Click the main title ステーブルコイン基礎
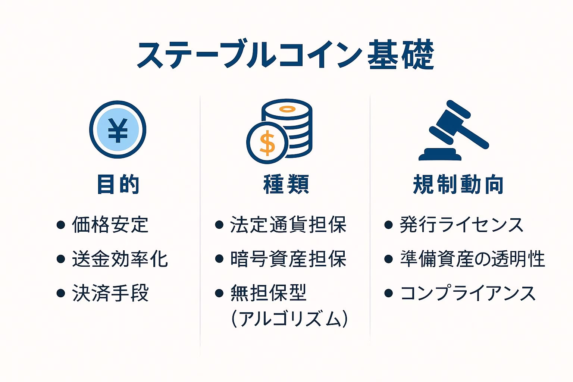pyautogui.click(x=285, y=54)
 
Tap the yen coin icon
pyautogui.click(x=118, y=129)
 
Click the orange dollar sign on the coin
pyautogui.click(x=267, y=143)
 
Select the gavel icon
pyautogui.click(x=454, y=130)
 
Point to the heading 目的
pyautogui.click(x=118, y=184)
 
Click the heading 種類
pyautogui.click(x=286, y=184)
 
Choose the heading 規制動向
pyautogui.click(x=458, y=184)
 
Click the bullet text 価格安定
pyautogui.click(x=110, y=225)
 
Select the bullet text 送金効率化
pyautogui.click(x=120, y=259)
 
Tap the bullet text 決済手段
pyautogui.click(x=110, y=293)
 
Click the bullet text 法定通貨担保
pyautogui.click(x=288, y=225)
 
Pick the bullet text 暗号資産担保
pyautogui.click(x=288, y=259)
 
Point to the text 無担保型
pyautogui.click(x=268, y=293)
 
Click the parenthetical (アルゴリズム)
pyautogui.click(x=289, y=319)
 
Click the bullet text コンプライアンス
pyautogui.click(x=468, y=293)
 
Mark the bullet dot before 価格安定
pyautogui.click(x=61, y=225)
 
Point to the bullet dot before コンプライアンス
pyautogui.click(x=388, y=293)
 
